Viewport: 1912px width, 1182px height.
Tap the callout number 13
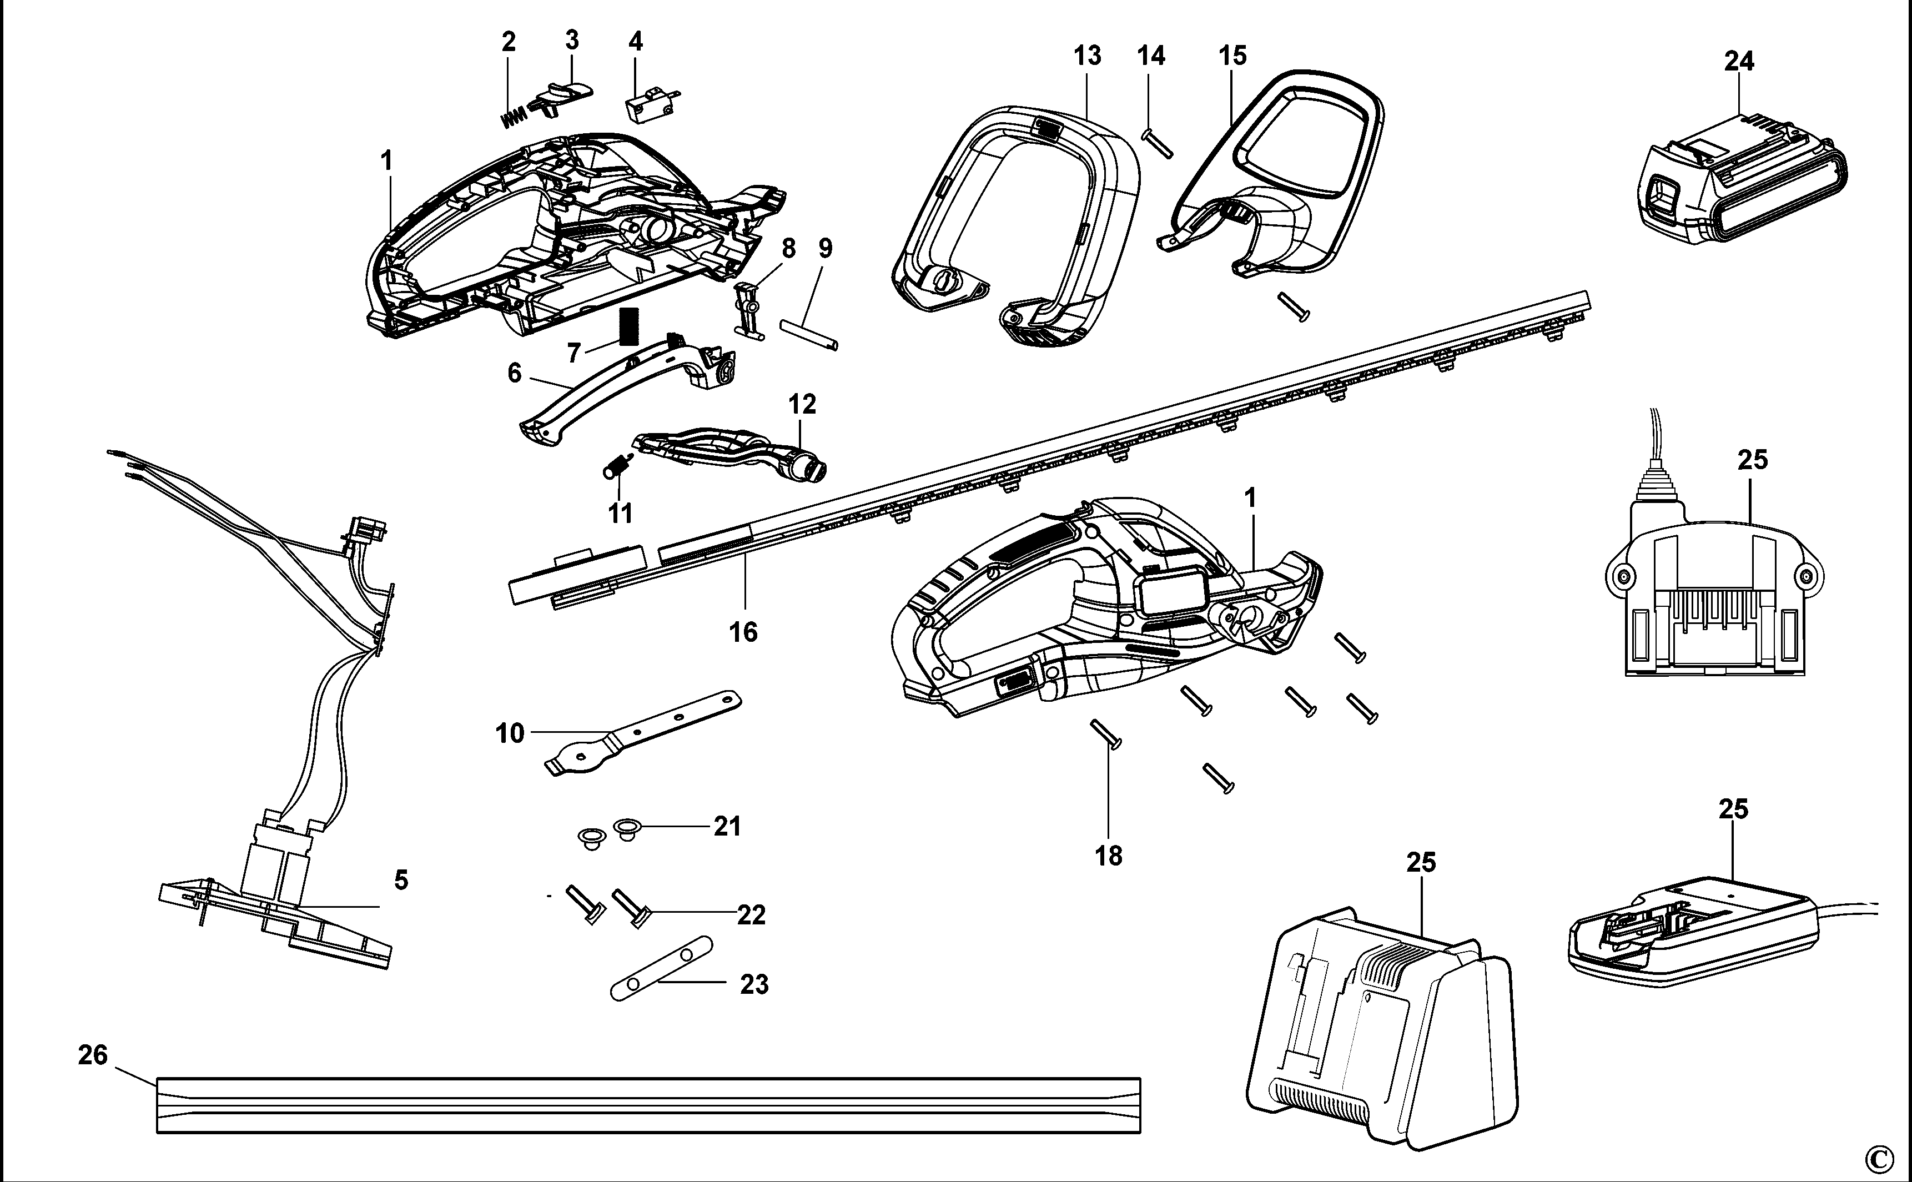point(1088,56)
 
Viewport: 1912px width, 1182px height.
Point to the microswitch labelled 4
point(647,109)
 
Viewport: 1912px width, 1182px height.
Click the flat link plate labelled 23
point(661,968)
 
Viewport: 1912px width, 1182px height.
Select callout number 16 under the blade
point(743,632)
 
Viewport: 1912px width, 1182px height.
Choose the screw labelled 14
point(1158,144)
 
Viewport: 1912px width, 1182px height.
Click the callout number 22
point(751,914)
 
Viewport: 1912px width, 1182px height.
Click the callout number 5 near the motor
point(401,880)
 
